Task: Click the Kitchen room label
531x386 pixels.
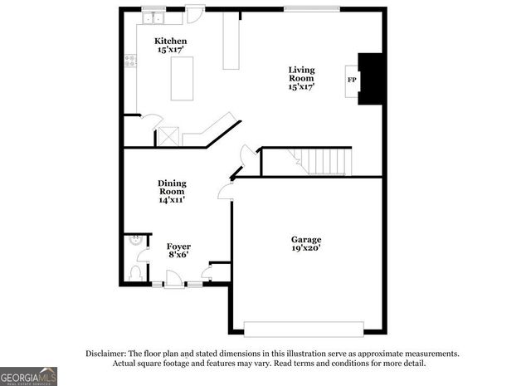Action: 172,42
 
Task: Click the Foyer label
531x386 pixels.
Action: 178,247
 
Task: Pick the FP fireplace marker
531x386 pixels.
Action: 351,80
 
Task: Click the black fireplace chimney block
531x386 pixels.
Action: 370,80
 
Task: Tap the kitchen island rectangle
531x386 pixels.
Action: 182,78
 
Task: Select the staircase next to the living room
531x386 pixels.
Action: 324,161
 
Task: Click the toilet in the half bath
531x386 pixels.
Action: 137,271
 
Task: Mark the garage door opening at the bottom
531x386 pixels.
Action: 304,325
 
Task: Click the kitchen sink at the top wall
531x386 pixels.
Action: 153,16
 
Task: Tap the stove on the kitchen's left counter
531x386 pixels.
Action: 130,60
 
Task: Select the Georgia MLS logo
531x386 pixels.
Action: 29,375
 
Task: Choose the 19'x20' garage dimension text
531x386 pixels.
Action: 306,248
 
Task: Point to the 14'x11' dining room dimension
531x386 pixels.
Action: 172,199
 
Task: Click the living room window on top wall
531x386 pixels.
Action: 311,8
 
